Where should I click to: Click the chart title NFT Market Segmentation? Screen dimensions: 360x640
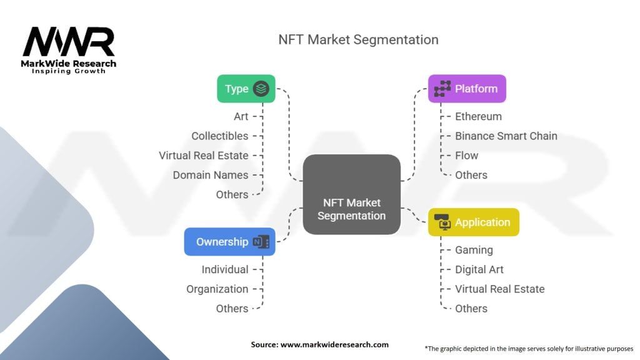[x=358, y=39]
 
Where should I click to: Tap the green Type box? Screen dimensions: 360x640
[x=246, y=89]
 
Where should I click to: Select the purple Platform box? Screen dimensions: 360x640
[x=467, y=89]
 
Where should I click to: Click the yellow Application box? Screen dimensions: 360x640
[x=473, y=222]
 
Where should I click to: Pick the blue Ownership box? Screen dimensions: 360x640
[x=229, y=242]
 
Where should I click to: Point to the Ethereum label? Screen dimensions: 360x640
[x=478, y=116]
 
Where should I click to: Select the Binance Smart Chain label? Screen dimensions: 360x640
[x=506, y=136]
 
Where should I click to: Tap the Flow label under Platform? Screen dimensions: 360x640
[x=466, y=155]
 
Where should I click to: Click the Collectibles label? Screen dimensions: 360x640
[x=219, y=136]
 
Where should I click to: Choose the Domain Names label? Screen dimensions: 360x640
[x=211, y=175]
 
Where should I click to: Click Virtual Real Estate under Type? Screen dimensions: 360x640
[x=203, y=155]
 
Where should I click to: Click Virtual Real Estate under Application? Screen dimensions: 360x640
[x=499, y=289]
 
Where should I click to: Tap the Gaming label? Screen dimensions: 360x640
[x=474, y=250]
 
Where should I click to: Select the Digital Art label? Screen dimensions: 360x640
[x=479, y=269]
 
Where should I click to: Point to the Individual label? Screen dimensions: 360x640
[x=224, y=269]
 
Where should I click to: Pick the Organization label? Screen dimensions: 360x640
[x=217, y=289]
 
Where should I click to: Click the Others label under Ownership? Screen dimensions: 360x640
[x=232, y=308]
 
